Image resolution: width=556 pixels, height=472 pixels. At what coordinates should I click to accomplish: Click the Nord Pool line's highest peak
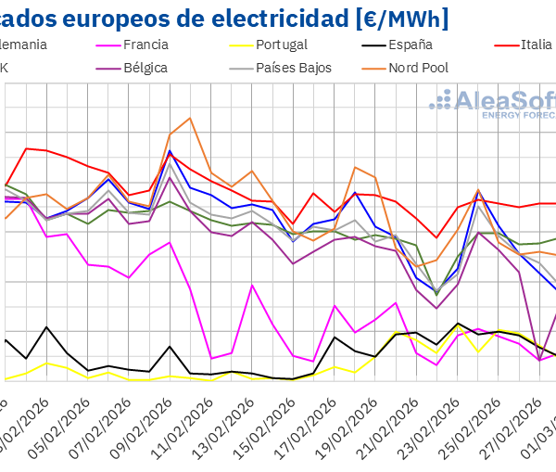pos(190,118)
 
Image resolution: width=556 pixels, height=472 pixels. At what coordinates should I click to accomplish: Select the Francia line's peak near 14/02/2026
pos(252,285)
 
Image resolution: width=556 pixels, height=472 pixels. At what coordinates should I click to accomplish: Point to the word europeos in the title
pos(111,16)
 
